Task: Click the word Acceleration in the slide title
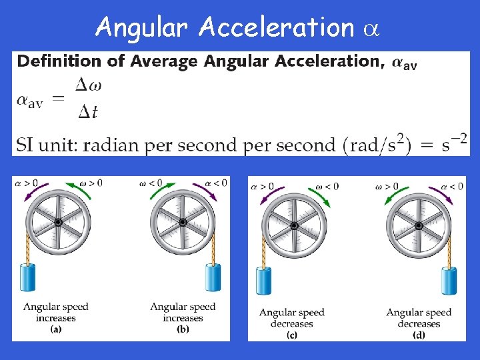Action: (276, 27)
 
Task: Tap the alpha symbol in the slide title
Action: (371, 29)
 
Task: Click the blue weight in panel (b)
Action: (213, 278)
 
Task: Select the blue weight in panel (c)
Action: (263, 280)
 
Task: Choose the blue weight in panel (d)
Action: (449, 280)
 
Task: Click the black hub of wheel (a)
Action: (58, 222)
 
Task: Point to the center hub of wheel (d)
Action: (419, 225)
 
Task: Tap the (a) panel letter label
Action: (56, 327)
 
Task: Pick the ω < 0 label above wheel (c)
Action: (326, 187)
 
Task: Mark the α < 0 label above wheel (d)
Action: (453, 187)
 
